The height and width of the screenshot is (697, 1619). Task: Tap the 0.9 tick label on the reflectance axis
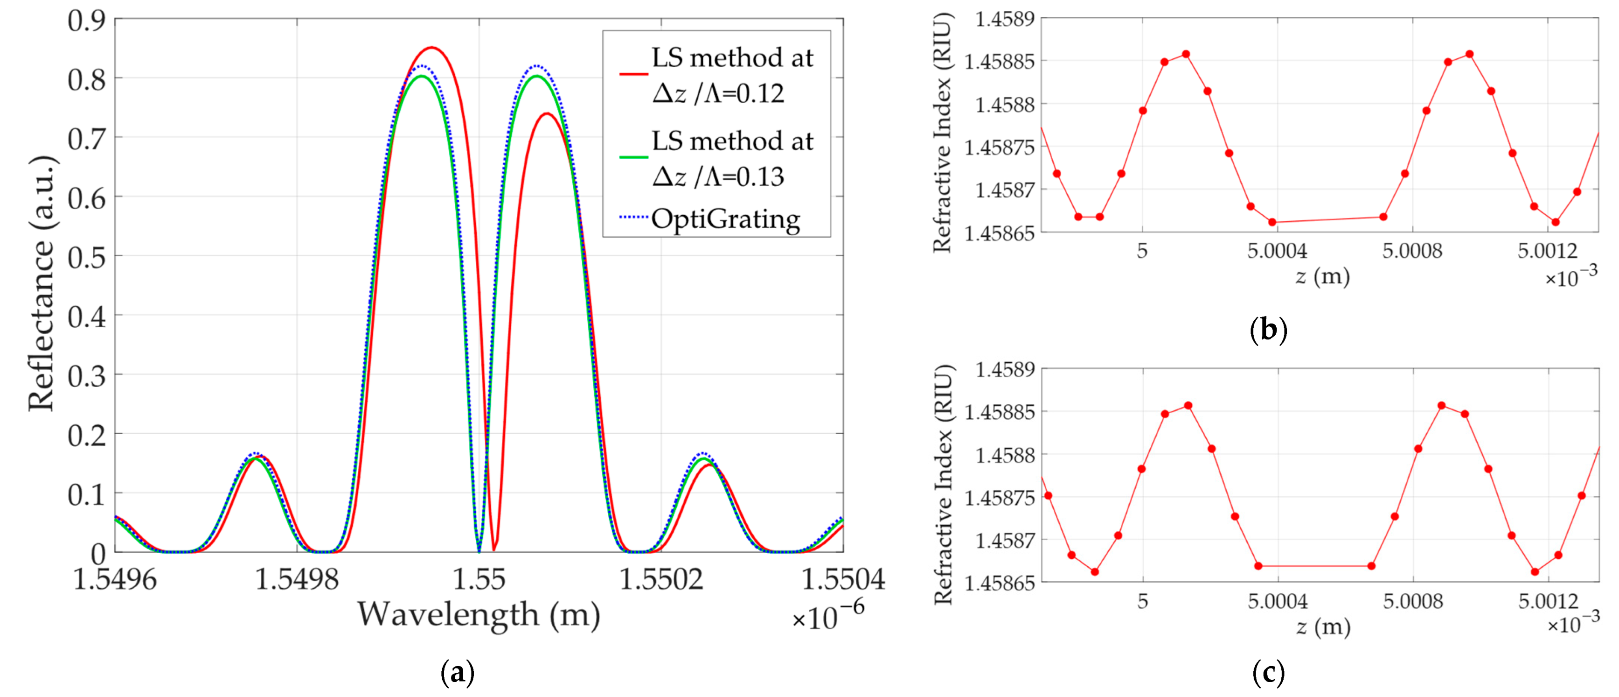tap(86, 20)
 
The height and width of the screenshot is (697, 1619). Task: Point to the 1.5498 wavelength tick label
tap(296, 579)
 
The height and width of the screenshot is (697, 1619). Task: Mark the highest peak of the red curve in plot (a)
tap(432, 48)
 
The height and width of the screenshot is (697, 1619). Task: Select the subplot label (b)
tap(1268, 330)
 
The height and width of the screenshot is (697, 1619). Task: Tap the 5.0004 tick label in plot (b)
tap(1277, 251)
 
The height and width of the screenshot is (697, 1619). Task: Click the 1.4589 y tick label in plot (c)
tap(1004, 369)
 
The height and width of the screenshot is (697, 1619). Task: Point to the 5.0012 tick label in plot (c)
tap(1548, 601)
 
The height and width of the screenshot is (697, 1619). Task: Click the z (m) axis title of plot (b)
tap(1322, 276)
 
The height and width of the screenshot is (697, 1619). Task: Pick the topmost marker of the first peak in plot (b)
tap(1186, 54)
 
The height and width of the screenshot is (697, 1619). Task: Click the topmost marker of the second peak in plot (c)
tap(1442, 406)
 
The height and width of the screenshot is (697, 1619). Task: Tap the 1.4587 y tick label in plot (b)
tap(1004, 190)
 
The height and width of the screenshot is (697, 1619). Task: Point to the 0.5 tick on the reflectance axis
tap(86, 257)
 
